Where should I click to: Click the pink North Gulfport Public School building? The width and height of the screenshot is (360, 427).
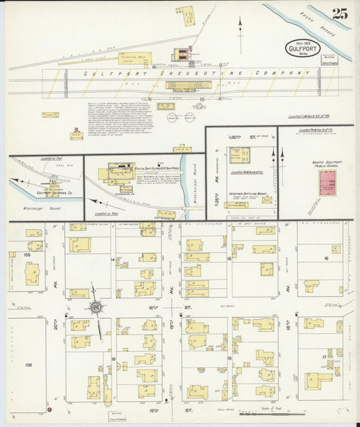pyautogui.click(x=329, y=182)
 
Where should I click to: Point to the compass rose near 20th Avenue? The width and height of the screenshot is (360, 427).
pyautogui.click(x=97, y=309)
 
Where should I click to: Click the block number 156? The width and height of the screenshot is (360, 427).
pyautogui.click(x=28, y=365)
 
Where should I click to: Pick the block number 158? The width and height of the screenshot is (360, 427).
pyautogui.click(x=28, y=256)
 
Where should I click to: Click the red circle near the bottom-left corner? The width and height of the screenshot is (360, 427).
pyautogui.click(x=49, y=409)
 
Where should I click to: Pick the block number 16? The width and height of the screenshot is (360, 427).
pyautogui.click(x=326, y=259)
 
